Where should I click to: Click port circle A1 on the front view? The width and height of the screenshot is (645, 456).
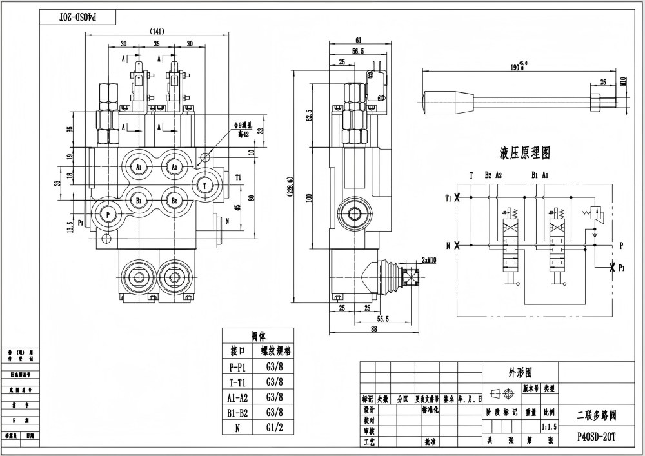[x=139, y=166]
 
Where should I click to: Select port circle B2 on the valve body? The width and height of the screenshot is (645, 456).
[x=174, y=200]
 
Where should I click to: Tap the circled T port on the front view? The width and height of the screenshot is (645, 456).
[x=205, y=184]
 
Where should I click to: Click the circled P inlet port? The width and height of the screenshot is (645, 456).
[x=107, y=213]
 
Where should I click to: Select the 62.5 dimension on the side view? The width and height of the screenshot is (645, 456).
[x=309, y=115]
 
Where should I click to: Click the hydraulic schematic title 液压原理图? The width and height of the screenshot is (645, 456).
[x=525, y=154]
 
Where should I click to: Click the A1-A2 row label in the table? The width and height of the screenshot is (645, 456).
[x=239, y=397]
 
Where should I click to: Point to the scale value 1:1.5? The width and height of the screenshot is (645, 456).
[x=549, y=426]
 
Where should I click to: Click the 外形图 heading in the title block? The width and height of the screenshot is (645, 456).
[x=520, y=372]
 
